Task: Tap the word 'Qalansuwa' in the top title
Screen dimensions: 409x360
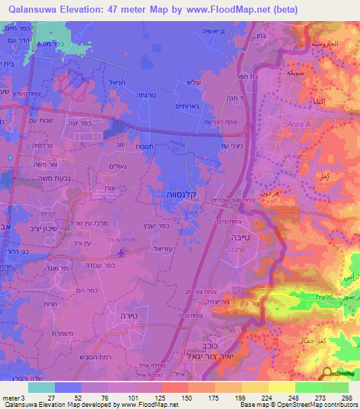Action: click(34, 9)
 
